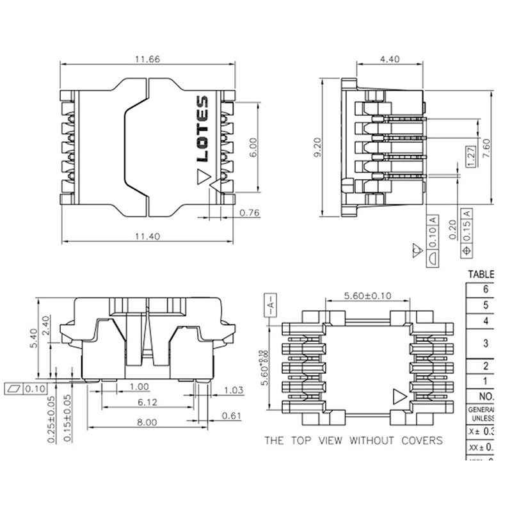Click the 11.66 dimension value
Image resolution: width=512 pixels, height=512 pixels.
point(147,59)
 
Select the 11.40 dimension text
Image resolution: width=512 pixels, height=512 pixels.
point(147,236)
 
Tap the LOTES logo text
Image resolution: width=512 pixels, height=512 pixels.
point(202,129)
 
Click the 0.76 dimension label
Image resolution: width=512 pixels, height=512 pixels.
point(249,213)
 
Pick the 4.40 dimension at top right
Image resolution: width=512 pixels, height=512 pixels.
point(390,59)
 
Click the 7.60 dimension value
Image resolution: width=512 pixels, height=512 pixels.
point(487,148)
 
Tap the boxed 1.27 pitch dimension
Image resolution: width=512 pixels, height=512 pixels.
point(470,157)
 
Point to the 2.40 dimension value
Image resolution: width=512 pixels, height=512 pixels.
point(63,326)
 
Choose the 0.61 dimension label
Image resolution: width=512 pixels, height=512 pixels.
point(232,416)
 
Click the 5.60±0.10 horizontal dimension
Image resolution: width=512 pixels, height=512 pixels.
point(367,296)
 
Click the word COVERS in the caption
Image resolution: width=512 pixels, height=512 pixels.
point(419,440)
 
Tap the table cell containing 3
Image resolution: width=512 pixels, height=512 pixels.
point(486,344)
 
